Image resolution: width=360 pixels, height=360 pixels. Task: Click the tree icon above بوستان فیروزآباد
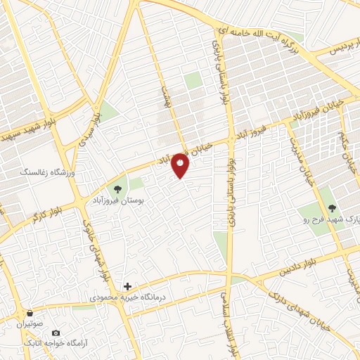click(117, 188)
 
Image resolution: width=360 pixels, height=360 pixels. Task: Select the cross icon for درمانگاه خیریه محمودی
click(127, 286)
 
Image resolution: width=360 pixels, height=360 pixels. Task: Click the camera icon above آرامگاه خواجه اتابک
click(56, 332)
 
